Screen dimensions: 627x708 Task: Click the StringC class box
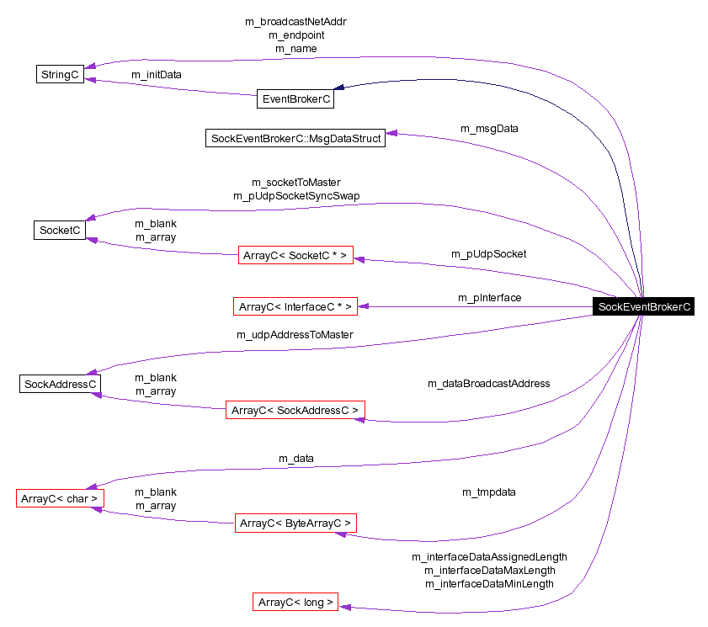click(60, 74)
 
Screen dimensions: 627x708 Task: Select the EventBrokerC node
click(295, 99)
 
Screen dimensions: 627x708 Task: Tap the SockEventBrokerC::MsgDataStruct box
click(295, 138)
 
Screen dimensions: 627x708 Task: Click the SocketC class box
click(60, 230)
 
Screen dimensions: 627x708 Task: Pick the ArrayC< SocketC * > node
click(294, 255)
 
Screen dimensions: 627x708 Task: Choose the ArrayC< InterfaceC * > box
click(295, 306)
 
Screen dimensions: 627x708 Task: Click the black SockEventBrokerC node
click(644, 306)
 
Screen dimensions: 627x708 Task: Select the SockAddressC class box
click(60, 384)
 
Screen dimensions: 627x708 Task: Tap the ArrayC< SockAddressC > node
click(295, 410)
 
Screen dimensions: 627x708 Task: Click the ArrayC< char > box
click(60, 498)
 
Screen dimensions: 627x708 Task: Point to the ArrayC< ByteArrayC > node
click(295, 523)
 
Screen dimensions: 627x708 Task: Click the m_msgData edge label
click(489, 129)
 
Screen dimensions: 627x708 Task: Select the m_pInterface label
click(489, 297)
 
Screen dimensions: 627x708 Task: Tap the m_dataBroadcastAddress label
click(488, 383)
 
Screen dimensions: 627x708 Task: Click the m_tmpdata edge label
click(488, 492)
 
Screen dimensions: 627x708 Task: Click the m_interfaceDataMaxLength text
click(489, 570)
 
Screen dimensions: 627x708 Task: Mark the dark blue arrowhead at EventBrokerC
click(338, 88)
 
